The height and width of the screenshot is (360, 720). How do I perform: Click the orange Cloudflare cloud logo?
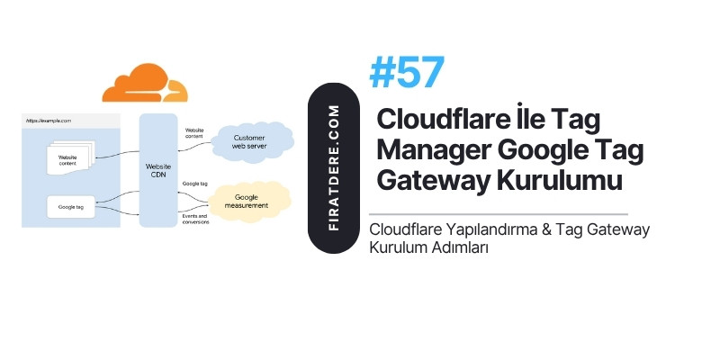[145, 83]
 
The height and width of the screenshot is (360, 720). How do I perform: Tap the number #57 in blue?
[407, 73]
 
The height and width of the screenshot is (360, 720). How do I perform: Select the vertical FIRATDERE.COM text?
[334, 168]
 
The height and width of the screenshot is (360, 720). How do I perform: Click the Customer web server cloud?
[252, 142]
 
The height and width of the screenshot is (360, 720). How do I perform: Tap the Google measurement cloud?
[249, 202]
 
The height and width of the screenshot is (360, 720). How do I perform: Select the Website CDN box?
[158, 170]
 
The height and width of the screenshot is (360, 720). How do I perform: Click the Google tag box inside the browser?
[71, 207]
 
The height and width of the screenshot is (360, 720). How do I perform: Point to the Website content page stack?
[70, 157]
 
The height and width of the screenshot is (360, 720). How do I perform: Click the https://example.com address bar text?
[49, 121]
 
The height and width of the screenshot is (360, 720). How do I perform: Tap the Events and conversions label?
[195, 219]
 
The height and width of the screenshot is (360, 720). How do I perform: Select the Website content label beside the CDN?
[194, 133]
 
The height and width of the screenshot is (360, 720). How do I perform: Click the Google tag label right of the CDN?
[195, 184]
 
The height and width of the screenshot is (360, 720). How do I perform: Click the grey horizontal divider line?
[499, 214]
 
